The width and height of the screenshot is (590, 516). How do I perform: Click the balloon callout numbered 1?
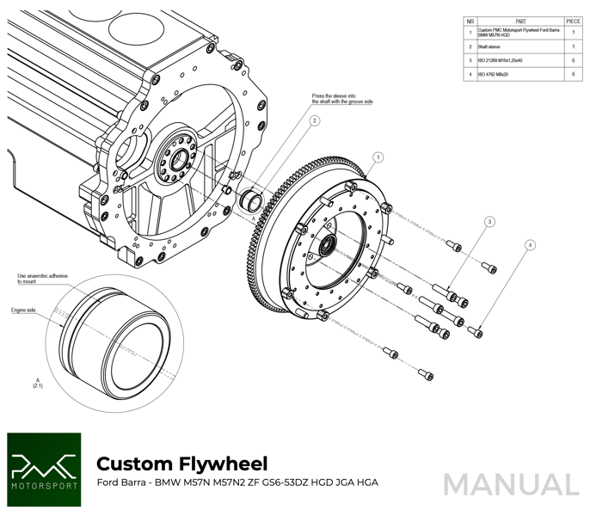point(378,157)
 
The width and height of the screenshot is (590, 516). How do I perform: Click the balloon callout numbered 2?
point(315,121)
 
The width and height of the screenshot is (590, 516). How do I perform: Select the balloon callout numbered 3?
point(489,222)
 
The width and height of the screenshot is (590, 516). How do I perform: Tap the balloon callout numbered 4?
point(530,245)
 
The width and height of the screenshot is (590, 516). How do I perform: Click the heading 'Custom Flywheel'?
point(181,464)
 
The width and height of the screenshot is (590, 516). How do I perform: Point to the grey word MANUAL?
point(511,484)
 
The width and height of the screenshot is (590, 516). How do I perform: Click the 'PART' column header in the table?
point(520,21)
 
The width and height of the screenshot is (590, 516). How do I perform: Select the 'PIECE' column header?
point(573,21)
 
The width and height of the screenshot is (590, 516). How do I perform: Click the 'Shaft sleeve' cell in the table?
point(490,47)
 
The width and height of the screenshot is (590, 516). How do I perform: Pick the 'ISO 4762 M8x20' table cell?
point(494,75)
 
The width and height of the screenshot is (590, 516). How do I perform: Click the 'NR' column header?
point(470,21)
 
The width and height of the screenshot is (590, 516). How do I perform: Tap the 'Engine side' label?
point(23,310)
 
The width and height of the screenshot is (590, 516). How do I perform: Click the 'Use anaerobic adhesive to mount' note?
point(42,279)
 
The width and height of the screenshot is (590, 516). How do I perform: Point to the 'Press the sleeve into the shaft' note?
point(342,99)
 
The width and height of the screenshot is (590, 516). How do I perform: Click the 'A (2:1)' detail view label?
point(38,383)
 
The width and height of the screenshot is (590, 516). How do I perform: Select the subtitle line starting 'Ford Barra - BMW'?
point(237,482)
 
